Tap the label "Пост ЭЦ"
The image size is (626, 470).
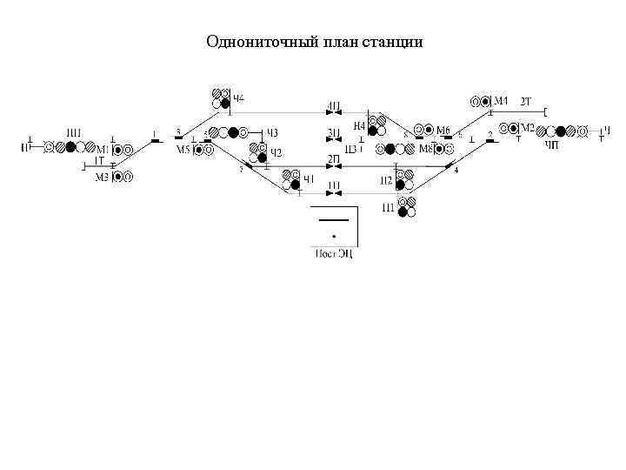point(334,253)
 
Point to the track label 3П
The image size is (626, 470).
point(334,133)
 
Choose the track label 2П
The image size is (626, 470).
point(334,158)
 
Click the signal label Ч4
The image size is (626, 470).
point(237,96)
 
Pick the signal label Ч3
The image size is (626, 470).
point(271,132)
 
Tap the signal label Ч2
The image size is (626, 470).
point(276,153)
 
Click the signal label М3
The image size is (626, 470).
point(102,178)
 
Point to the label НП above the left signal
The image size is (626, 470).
point(75,132)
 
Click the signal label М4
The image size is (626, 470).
point(502,97)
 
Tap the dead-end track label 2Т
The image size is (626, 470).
point(526,102)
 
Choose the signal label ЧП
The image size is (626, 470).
point(552,144)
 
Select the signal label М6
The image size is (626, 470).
point(443,131)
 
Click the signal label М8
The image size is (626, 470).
point(427,149)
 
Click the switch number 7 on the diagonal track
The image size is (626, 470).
point(241,169)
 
